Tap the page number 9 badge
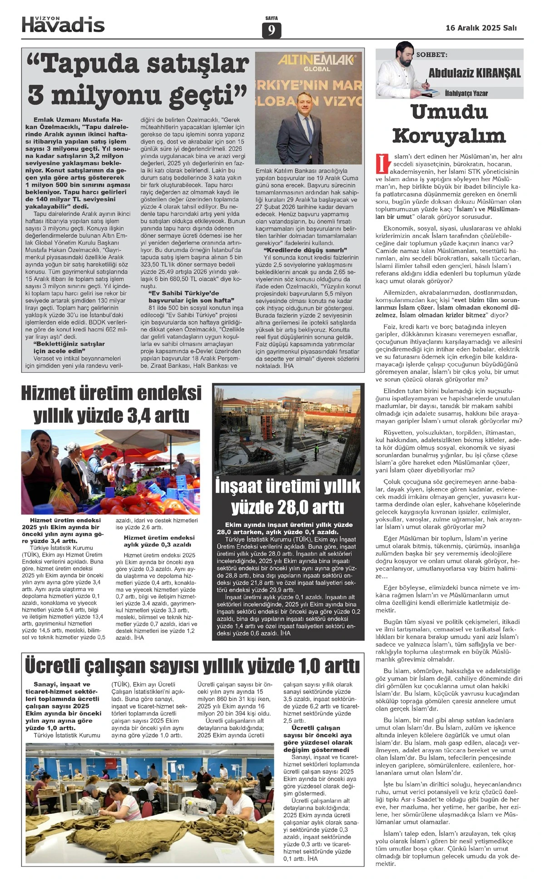tap(272, 30)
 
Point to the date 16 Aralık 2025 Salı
tap(481, 28)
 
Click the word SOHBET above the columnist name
tap(431, 55)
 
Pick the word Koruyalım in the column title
tap(449, 136)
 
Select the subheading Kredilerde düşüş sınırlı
tap(305, 250)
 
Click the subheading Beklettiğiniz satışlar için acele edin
tap(63, 347)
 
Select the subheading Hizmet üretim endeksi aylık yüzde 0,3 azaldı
tap(159, 541)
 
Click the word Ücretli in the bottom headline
tap(59, 667)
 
